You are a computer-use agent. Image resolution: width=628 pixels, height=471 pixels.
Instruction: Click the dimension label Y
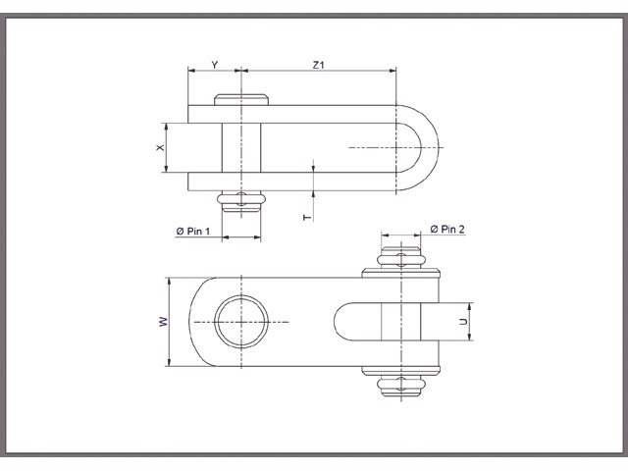pyautogui.click(x=215, y=65)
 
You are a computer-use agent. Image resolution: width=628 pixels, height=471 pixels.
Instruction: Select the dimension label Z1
pyautogui.click(x=318, y=65)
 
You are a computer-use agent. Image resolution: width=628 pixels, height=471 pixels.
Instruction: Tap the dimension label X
pyautogui.click(x=160, y=147)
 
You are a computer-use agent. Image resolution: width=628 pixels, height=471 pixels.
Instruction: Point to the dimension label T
pyautogui.click(x=306, y=215)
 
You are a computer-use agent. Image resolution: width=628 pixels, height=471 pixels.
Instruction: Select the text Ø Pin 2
pyautogui.click(x=447, y=229)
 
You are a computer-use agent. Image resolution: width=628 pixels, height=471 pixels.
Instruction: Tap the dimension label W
pyautogui.click(x=163, y=322)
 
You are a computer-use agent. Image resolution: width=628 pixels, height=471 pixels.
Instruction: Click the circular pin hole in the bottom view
pyautogui.click(x=240, y=322)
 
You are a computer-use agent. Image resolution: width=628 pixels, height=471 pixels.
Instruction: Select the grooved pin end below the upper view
pyautogui.click(x=241, y=202)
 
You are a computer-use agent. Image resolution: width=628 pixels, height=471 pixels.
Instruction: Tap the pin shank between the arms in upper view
pyautogui.click(x=241, y=147)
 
